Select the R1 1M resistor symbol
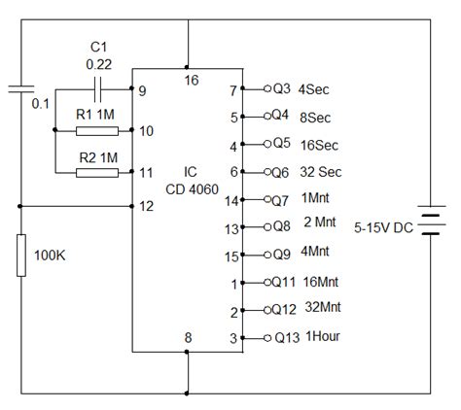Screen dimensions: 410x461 [x=96, y=130]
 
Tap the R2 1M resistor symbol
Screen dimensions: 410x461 [x=96, y=173]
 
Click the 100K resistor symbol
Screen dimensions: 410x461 [x=20, y=255]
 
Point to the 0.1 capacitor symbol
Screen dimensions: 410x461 [x=20, y=90]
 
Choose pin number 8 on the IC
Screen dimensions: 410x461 [x=189, y=337]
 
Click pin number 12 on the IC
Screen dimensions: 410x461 [x=146, y=206]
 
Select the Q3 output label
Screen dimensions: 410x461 [x=280, y=89]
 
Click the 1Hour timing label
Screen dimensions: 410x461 [x=323, y=338]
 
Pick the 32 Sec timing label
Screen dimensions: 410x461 [x=321, y=172]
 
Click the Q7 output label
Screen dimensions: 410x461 [x=280, y=200]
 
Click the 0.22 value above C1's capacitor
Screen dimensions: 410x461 [x=98, y=64]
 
